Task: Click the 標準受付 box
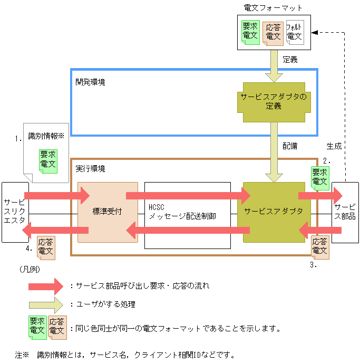tap(108, 212)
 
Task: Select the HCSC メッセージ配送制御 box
tap(187, 212)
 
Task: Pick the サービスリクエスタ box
tap(15, 212)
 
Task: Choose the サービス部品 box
tap(345, 212)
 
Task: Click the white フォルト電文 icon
tap(295, 32)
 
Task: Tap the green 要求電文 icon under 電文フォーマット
tap(250, 32)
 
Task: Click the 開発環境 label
tap(90, 82)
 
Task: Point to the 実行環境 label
tap(90, 169)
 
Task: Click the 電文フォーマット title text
tap(274, 8)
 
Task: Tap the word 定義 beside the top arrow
tap(290, 60)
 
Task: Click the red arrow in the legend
tap(46, 286)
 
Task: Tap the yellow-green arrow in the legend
tap(46, 304)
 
